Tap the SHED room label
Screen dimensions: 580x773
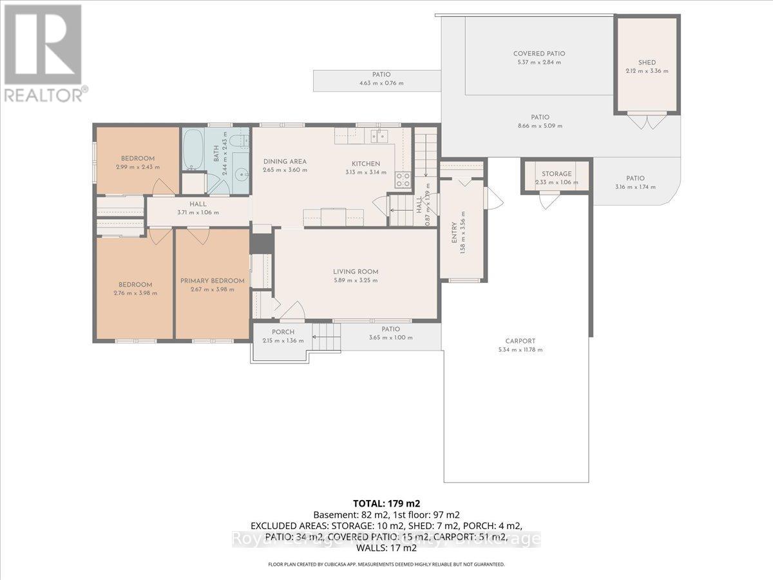point(647,63)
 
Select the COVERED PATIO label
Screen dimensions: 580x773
point(539,54)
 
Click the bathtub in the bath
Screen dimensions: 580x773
point(193,149)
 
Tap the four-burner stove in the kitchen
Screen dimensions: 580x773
point(403,180)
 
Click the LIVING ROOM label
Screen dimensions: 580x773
point(356,272)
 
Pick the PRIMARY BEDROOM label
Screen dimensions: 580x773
point(212,281)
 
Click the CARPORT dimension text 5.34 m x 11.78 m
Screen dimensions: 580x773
point(520,350)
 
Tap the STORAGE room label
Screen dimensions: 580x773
point(556,174)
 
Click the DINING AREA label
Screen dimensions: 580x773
point(285,162)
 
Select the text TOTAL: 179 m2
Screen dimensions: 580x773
point(386,503)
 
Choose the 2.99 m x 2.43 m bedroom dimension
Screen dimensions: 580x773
point(138,167)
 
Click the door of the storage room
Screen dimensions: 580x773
point(549,200)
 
